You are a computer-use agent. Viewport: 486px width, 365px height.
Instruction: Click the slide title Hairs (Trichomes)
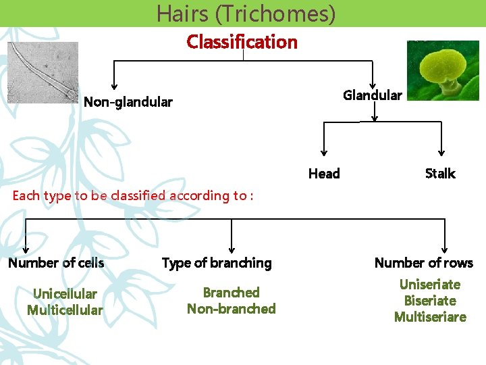coord(246,14)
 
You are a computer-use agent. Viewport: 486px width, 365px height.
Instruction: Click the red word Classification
coord(242,42)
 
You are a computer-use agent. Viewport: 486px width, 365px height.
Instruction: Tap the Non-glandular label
coord(128,103)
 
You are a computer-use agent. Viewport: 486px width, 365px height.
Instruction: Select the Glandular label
coord(372,95)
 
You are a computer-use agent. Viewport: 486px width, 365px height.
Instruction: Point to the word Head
coord(324,174)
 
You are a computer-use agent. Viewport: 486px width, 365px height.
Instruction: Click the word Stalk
coord(440,174)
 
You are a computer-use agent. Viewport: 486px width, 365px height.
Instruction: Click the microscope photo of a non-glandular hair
coord(43,72)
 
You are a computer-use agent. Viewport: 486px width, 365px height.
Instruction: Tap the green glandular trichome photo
coord(442,70)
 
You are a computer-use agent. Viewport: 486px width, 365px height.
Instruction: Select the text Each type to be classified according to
coord(132,196)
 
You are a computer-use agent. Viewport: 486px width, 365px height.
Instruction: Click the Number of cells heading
coord(56,263)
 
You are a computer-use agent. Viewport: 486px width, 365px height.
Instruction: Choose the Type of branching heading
coord(217,263)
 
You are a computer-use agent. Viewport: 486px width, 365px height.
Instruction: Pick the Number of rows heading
coord(424,263)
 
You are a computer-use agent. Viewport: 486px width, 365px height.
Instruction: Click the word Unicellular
coord(65,294)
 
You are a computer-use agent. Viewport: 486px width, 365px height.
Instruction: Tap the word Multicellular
coord(65,310)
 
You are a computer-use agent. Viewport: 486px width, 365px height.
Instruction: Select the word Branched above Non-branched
coord(231,293)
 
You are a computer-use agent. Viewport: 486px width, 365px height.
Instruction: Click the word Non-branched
coord(231,309)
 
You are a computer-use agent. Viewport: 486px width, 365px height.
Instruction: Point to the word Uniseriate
coord(429,285)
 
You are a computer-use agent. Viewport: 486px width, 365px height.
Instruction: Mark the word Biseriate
coord(429,301)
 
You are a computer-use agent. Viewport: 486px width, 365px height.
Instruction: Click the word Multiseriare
coord(429,317)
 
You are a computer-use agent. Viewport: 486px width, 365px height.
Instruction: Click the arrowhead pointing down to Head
coord(324,153)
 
